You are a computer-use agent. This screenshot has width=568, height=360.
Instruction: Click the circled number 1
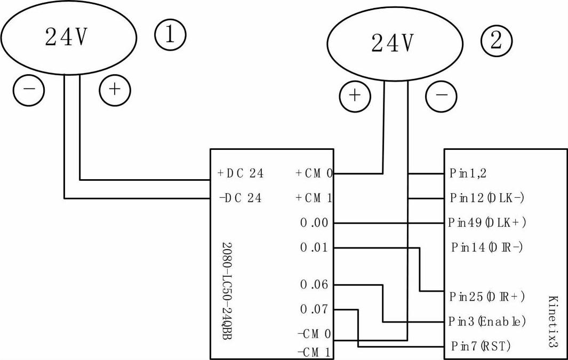click(x=170, y=35)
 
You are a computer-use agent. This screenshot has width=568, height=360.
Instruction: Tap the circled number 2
click(x=496, y=41)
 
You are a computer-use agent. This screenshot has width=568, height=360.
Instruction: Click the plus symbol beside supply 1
click(x=115, y=90)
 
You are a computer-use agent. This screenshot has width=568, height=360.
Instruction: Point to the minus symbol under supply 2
click(x=441, y=95)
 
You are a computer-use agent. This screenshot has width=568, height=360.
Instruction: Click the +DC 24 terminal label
click(x=240, y=173)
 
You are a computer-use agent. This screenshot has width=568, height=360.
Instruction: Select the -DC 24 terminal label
click(x=240, y=198)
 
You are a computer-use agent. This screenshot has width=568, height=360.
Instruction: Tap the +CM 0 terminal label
click(x=314, y=173)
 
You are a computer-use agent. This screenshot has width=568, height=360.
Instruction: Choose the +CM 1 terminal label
click(x=314, y=198)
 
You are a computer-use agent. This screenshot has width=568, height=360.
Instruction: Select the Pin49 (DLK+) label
click(x=487, y=223)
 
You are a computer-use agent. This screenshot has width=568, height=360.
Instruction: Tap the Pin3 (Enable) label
click(x=487, y=322)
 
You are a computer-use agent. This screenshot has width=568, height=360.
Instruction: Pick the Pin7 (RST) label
click(x=480, y=347)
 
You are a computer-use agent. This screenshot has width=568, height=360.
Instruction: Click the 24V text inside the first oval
click(x=66, y=36)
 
